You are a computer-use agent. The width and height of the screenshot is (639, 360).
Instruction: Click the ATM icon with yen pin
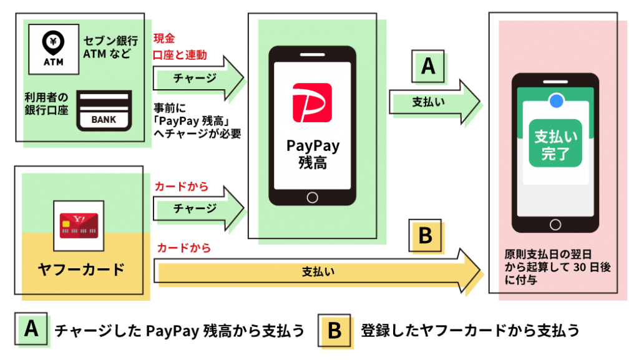54,49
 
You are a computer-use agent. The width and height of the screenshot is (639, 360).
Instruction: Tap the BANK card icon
104,110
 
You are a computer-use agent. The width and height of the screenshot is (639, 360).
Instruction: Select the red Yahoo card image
79,226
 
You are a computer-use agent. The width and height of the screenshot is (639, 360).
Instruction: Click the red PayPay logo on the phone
312,102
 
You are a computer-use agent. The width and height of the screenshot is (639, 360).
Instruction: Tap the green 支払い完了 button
555,144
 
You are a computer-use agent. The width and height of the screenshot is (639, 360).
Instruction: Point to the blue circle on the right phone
556,100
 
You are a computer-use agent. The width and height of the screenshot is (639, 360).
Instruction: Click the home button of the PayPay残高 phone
312,198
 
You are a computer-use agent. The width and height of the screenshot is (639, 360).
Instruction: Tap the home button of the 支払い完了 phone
555,225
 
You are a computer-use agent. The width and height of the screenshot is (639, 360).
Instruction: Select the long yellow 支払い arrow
317,271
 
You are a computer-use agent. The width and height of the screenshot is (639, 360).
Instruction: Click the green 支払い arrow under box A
434,102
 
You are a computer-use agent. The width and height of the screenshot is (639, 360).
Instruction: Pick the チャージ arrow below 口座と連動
198,78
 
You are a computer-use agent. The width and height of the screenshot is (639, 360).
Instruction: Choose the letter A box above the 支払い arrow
428,66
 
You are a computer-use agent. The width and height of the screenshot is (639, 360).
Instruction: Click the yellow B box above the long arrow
425,235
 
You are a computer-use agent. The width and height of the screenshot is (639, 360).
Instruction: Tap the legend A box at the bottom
31,329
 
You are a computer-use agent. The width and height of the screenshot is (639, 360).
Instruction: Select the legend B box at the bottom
334,330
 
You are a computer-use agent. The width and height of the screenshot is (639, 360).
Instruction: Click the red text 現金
164,38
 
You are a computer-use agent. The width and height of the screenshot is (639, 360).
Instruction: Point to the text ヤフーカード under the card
81,269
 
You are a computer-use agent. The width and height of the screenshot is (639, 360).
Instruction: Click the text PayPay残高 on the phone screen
313,154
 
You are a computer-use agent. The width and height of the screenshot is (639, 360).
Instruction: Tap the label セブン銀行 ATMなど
110,47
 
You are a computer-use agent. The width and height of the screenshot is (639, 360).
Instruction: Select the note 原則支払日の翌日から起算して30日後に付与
557,267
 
